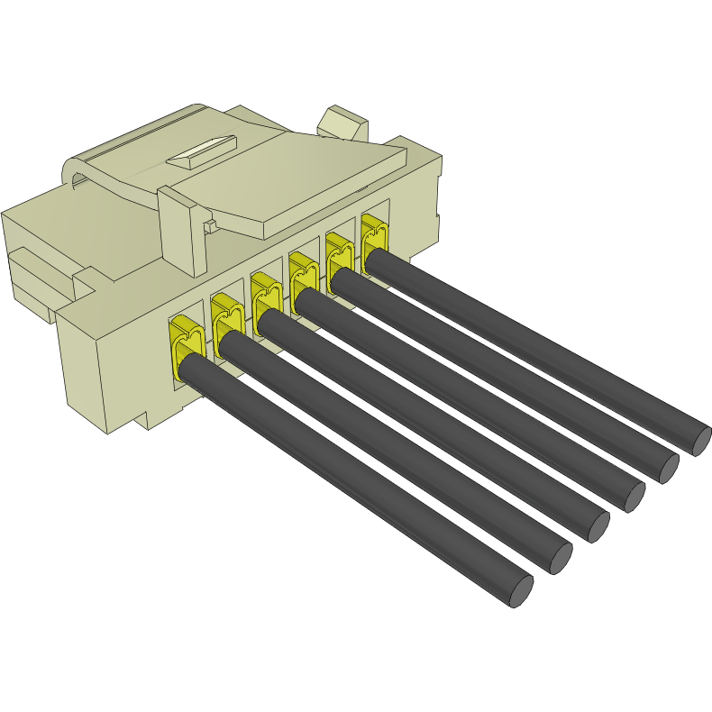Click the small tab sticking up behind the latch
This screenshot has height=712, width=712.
pos(344,123)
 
